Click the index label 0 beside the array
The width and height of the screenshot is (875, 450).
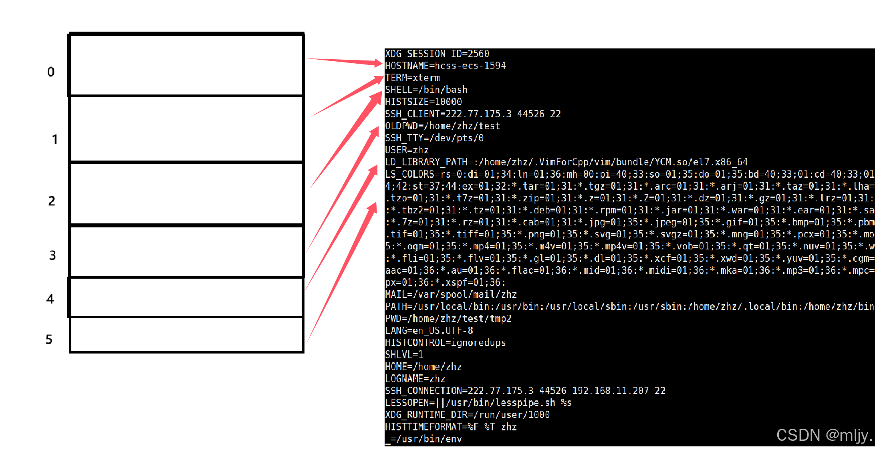[51, 72]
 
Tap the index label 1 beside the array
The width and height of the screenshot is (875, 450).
[55, 139]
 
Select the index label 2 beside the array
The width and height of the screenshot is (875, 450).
[52, 201]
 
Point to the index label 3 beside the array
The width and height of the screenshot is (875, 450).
[52, 255]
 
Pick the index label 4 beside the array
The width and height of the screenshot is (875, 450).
[50, 299]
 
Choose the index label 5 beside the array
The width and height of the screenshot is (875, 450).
[49, 340]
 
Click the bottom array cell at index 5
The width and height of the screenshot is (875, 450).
[186, 335]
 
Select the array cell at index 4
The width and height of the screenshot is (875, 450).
[186, 297]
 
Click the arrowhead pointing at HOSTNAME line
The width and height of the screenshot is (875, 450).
[377, 63]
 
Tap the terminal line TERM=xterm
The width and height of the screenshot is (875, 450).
[412, 78]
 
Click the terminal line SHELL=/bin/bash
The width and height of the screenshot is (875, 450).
[426, 90]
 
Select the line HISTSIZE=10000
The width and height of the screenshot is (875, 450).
[423, 102]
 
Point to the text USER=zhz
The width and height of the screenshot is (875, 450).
[407, 150]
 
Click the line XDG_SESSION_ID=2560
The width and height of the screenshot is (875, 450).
[437, 54]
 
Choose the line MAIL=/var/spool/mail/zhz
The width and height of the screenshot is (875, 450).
[451, 295]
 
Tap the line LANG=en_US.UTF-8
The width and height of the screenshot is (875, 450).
[429, 331]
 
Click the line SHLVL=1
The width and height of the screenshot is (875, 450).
[404, 355]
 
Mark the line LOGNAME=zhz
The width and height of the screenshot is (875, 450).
[415, 379]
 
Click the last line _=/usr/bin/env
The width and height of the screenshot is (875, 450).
[423, 439]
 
